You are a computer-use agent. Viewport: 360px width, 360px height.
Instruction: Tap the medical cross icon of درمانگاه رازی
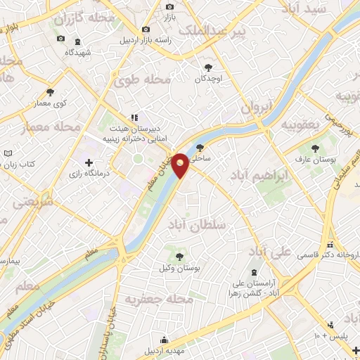pyautogui.click(x=89, y=163)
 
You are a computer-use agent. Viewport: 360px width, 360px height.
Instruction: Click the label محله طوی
pyautogui.click(x=147, y=80)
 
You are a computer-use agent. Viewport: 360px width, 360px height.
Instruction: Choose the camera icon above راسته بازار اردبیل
pyautogui.click(x=146, y=30)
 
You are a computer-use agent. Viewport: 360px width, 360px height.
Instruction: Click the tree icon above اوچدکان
pyautogui.click(x=208, y=67)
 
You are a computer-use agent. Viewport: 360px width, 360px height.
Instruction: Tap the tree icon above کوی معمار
pyautogui.click(x=50, y=92)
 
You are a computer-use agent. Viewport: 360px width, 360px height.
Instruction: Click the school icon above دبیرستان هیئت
pyautogui.click(x=134, y=118)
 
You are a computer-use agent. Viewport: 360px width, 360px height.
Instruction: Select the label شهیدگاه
pyautogui.click(x=77, y=52)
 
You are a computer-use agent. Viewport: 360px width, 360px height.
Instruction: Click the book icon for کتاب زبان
pyautogui.click(x=8, y=153)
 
